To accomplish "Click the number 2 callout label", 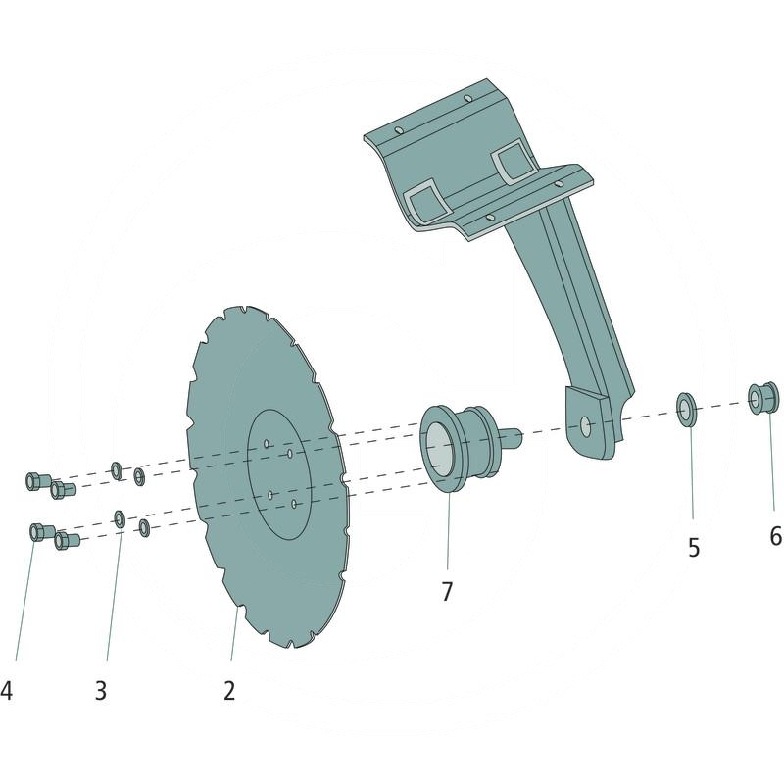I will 229,690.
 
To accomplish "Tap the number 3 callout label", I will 100,690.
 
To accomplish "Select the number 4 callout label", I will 7,691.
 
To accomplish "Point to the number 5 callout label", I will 694,548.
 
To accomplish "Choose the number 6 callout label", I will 775,536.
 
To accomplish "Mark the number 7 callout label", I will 447,592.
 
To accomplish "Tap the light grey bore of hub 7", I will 442,452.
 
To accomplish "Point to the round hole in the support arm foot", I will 585,425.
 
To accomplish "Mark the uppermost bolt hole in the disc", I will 266,444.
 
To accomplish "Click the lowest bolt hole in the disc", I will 294,504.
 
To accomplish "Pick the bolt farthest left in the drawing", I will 32,480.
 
